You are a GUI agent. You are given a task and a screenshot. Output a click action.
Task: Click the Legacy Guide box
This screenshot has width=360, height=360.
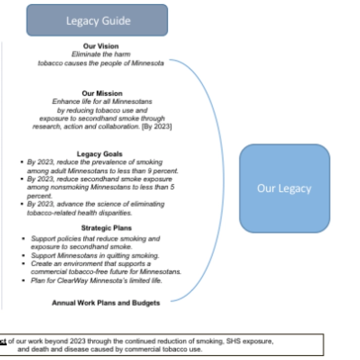[x=97, y=21]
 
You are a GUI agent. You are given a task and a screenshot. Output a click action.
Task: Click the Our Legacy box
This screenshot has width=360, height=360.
[x=284, y=188]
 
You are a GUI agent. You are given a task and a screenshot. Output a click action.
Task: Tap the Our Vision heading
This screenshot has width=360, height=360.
[x=101, y=47]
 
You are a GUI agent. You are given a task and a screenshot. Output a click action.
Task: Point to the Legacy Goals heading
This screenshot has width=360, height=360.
[x=100, y=154]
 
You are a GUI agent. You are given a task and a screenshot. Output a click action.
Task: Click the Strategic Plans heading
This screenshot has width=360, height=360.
[x=100, y=228]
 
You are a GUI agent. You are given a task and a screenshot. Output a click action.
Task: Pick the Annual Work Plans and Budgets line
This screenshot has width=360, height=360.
[x=106, y=303]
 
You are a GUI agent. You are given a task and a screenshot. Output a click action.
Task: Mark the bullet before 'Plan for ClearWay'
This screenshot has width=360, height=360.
[x=23, y=281]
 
